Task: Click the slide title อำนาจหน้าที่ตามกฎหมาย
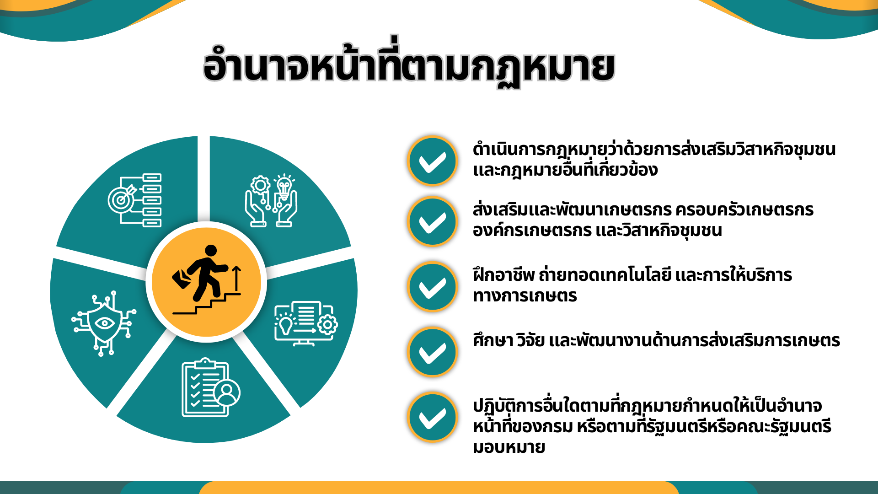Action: pyautogui.click(x=409, y=64)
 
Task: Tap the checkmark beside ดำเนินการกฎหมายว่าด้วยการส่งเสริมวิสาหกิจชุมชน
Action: pyautogui.click(x=432, y=161)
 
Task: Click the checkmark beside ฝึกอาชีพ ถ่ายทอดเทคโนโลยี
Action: pyautogui.click(x=432, y=287)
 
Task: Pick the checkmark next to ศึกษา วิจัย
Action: pyautogui.click(x=432, y=352)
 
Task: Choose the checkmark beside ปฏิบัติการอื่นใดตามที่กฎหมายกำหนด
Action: pyautogui.click(x=432, y=417)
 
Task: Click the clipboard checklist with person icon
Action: pyautogui.click(x=211, y=387)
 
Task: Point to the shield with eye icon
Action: pyautogui.click(x=104, y=323)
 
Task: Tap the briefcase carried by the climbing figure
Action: pyautogui.click(x=182, y=279)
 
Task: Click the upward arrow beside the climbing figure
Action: pyautogui.click(x=236, y=279)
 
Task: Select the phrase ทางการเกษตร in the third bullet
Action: pyautogui.click(x=525, y=296)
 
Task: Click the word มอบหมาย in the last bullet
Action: pyautogui.click(x=509, y=447)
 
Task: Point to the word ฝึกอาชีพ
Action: pyautogui.click(x=503, y=274)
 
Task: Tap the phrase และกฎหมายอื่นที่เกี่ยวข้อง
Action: pyautogui.click(x=565, y=170)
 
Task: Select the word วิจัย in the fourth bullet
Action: pyautogui.click(x=530, y=340)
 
